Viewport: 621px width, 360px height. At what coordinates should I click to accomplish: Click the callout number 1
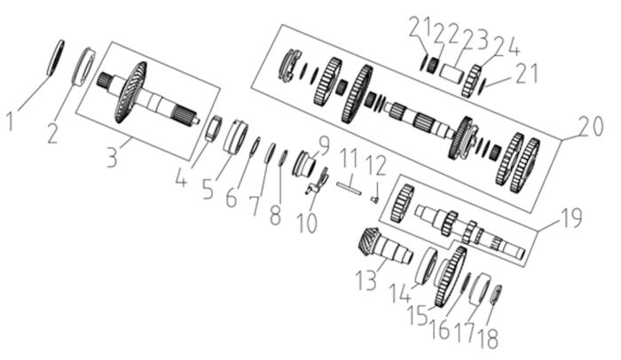pos(11,121)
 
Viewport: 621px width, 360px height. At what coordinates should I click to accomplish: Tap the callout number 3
pos(113,155)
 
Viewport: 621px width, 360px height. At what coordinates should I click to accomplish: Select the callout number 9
pos(324,145)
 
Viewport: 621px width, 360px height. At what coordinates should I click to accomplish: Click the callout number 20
pos(591,126)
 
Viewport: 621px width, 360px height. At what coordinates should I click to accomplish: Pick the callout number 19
pos(570,217)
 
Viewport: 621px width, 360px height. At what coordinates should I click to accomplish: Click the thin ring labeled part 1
pos(55,58)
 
